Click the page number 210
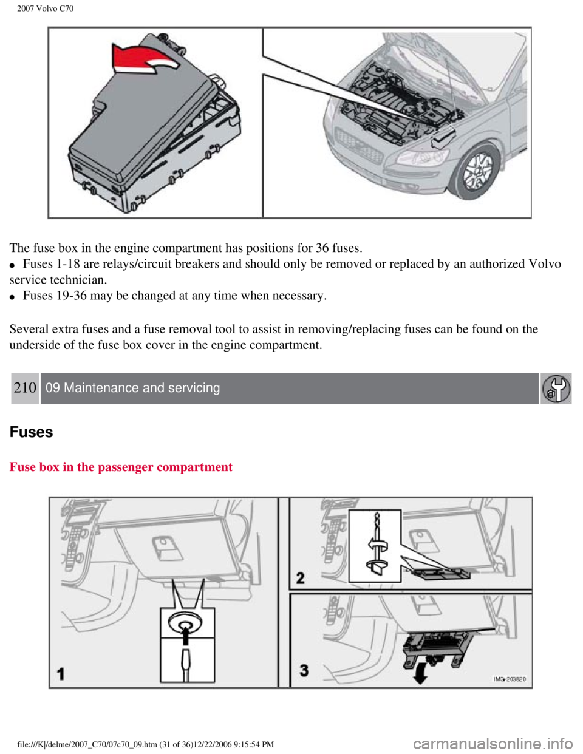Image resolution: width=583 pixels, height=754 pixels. coord(25,388)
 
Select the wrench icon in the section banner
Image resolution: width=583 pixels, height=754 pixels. coord(556,389)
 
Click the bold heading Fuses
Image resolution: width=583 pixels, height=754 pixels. coord(31,432)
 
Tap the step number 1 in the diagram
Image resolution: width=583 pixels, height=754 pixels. coord(61,674)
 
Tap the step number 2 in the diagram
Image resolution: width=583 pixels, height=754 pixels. coord(301,578)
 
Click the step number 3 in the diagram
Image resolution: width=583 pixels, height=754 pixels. coord(304,670)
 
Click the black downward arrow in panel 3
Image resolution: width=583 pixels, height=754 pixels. coord(420,675)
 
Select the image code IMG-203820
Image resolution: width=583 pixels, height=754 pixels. coord(510,679)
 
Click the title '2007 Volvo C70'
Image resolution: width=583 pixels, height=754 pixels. coord(46,8)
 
